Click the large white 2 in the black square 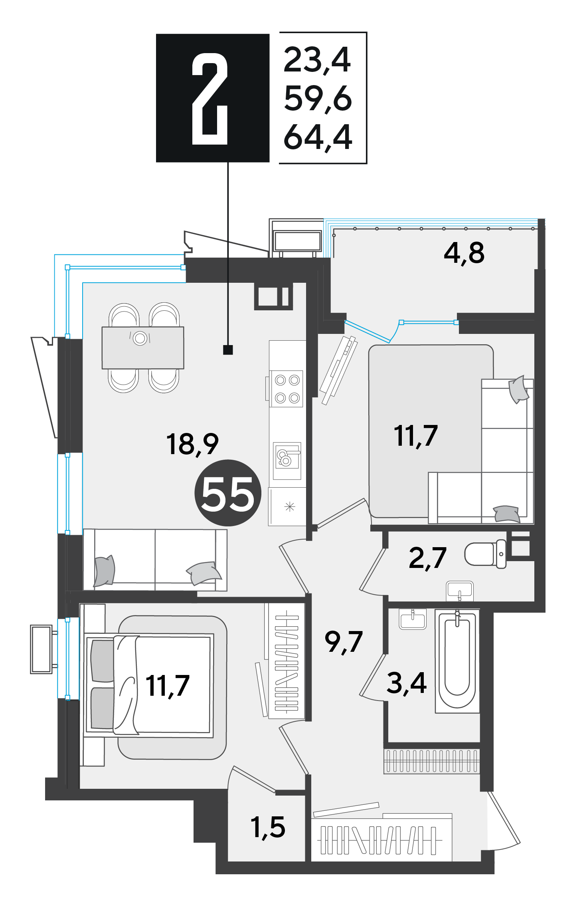[x=210, y=99]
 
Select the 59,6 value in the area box [x=318, y=98]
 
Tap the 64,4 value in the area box [x=318, y=137]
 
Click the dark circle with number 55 [x=228, y=493]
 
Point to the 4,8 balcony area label [x=464, y=253]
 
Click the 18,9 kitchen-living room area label [x=192, y=444]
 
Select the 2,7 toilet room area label [x=427, y=558]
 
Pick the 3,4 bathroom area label [x=407, y=683]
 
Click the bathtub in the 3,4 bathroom [x=457, y=661]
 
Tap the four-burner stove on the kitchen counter [x=286, y=389]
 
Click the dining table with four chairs [x=143, y=348]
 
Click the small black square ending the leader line [x=228, y=350]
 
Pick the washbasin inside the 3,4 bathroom [x=413, y=619]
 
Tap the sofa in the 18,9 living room [x=155, y=560]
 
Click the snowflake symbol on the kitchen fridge [x=290, y=507]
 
